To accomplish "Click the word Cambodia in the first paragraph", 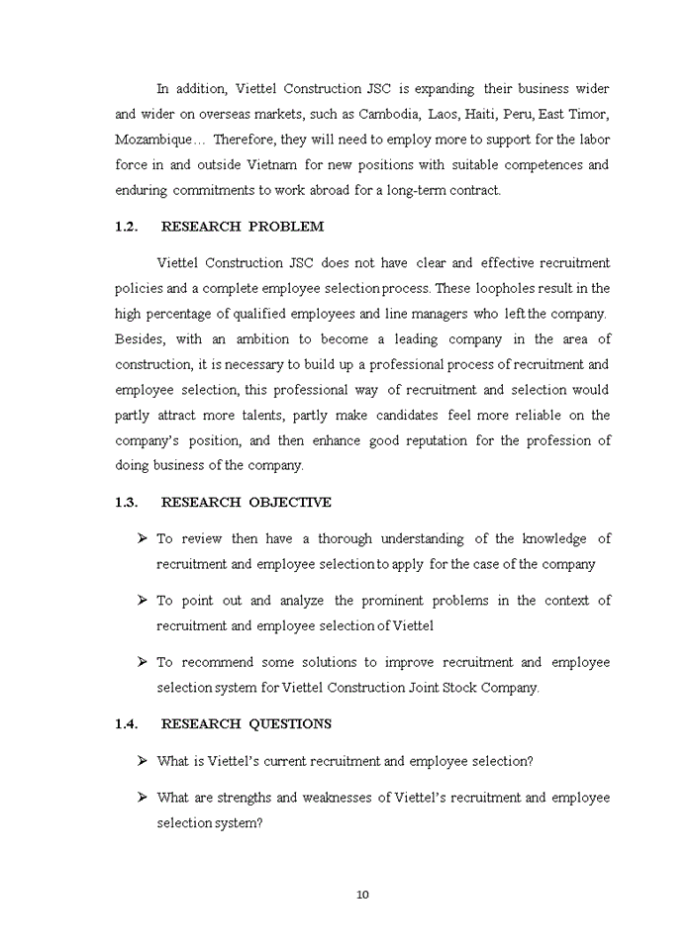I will coord(389,114).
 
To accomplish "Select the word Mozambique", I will coord(153,140).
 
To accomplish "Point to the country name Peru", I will coord(520,114).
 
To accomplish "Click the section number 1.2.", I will coord(125,227).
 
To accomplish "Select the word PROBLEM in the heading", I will coord(286,227).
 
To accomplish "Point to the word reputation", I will coord(436,440).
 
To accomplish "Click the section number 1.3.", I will coord(125,503).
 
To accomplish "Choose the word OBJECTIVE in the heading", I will coord(290,503).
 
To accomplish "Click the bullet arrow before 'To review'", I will coord(143,538).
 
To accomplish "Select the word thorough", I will coord(345,539).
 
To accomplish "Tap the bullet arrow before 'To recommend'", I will coord(143,662).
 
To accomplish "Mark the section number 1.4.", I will coord(125,724).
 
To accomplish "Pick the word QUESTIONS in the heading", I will coord(290,724).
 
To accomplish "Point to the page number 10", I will coord(362,895).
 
